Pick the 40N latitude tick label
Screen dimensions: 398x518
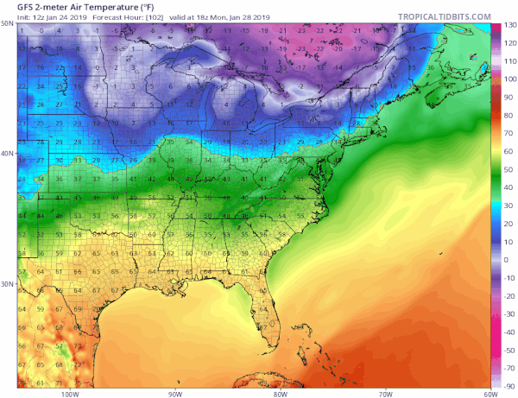[x=8, y=155]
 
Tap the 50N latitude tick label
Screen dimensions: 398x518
[x=8, y=25]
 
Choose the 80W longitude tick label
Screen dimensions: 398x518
[x=279, y=393]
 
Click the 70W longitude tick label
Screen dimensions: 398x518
[x=383, y=393]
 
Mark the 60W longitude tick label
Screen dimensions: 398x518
[x=489, y=393]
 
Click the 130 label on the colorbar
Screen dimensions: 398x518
[x=509, y=27]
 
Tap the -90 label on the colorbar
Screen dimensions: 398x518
[x=509, y=385]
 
